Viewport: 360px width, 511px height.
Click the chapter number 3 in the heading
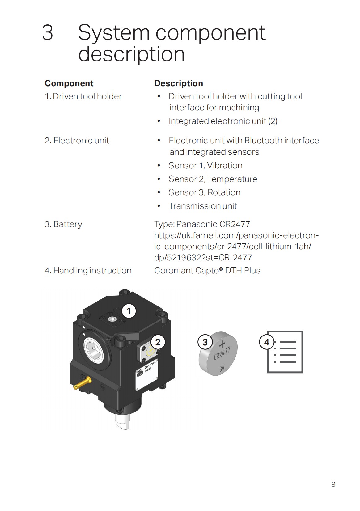point(48,33)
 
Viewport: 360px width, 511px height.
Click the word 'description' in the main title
point(131,54)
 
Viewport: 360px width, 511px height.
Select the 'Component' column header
point(69,83)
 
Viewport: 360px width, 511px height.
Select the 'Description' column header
point(178,83)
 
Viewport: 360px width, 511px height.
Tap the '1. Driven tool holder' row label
point(83,96)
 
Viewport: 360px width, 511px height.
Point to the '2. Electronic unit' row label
point(77,141)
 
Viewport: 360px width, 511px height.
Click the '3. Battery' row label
point(63,224)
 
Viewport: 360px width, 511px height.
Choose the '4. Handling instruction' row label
point(88,271)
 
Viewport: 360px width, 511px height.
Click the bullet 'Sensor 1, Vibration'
point(205,166)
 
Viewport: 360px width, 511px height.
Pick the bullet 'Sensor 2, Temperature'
point(213,179)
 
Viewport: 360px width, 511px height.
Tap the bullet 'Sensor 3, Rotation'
point(204,192)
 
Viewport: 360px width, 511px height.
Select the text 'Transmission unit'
point(203,206)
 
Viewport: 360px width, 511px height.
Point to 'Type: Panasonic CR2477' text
point(202,224)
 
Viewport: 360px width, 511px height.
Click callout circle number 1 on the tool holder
point(129,311)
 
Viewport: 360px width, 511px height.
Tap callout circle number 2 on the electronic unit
point(158,342)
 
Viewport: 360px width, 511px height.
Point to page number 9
point(333,484)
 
